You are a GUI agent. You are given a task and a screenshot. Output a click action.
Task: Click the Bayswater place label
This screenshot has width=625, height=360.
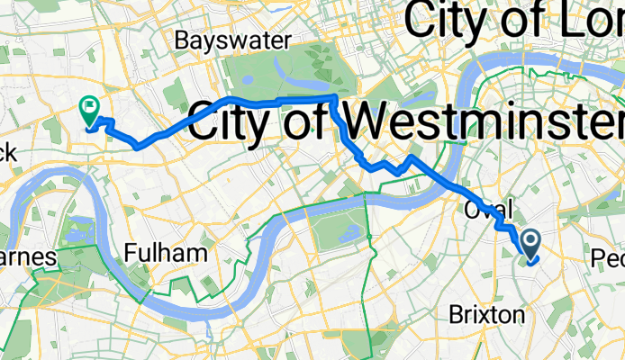(x=233, y=40)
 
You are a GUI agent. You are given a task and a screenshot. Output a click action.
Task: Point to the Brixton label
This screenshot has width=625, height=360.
(x=486, y=315)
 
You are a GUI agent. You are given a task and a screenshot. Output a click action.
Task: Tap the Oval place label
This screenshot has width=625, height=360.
(x=488, y=209)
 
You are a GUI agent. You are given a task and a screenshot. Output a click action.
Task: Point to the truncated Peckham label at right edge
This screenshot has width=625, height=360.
(x=608, y=258)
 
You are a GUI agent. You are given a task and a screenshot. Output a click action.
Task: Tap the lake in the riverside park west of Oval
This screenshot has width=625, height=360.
(x=367, y=236)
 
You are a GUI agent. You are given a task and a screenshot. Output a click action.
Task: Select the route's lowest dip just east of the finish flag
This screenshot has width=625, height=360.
(x=136, y=144)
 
